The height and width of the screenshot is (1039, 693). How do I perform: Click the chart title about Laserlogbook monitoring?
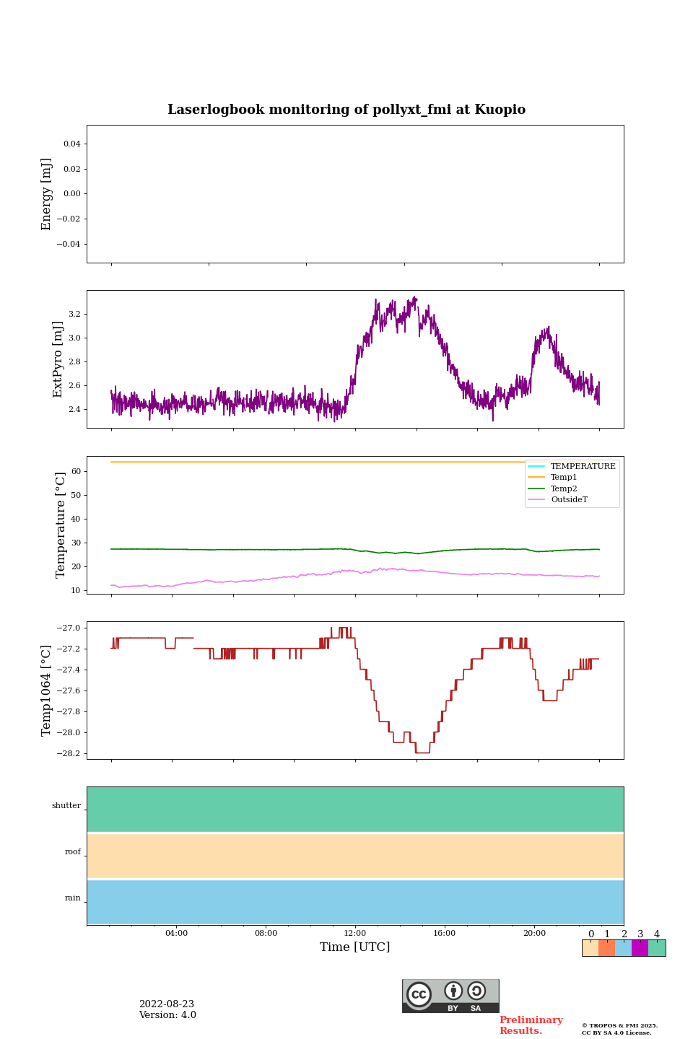point(346,110)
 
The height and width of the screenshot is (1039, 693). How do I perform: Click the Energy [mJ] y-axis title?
point(47,194)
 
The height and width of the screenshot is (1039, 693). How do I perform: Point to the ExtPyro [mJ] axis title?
point(58,359)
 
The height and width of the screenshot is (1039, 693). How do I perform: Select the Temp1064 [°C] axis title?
point(47,691)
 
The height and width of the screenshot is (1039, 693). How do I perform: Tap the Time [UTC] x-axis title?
point(355,947)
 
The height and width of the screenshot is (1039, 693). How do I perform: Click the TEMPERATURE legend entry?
point(583,467)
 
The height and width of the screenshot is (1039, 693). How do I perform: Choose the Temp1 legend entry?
point(564,478)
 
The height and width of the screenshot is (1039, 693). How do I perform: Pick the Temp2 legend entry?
point(564,488)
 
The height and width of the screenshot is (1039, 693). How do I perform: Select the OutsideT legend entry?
point(569,499)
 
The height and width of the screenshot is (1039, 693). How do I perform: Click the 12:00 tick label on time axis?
point(355,933)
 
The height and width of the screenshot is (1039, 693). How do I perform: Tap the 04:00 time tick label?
point(176,933)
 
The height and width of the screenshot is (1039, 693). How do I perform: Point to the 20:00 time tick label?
point(534,933)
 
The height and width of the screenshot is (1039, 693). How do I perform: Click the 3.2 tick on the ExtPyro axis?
point(74,314)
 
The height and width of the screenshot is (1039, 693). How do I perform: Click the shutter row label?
point(66,806)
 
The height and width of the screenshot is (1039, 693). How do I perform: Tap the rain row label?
point(73,898)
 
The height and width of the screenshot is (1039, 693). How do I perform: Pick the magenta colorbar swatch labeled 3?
point(640,948)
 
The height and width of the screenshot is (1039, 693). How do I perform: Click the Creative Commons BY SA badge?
point(450,996)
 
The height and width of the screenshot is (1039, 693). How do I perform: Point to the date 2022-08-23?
point(167,1004)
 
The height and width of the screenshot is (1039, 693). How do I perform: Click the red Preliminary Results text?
point(531,1025)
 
